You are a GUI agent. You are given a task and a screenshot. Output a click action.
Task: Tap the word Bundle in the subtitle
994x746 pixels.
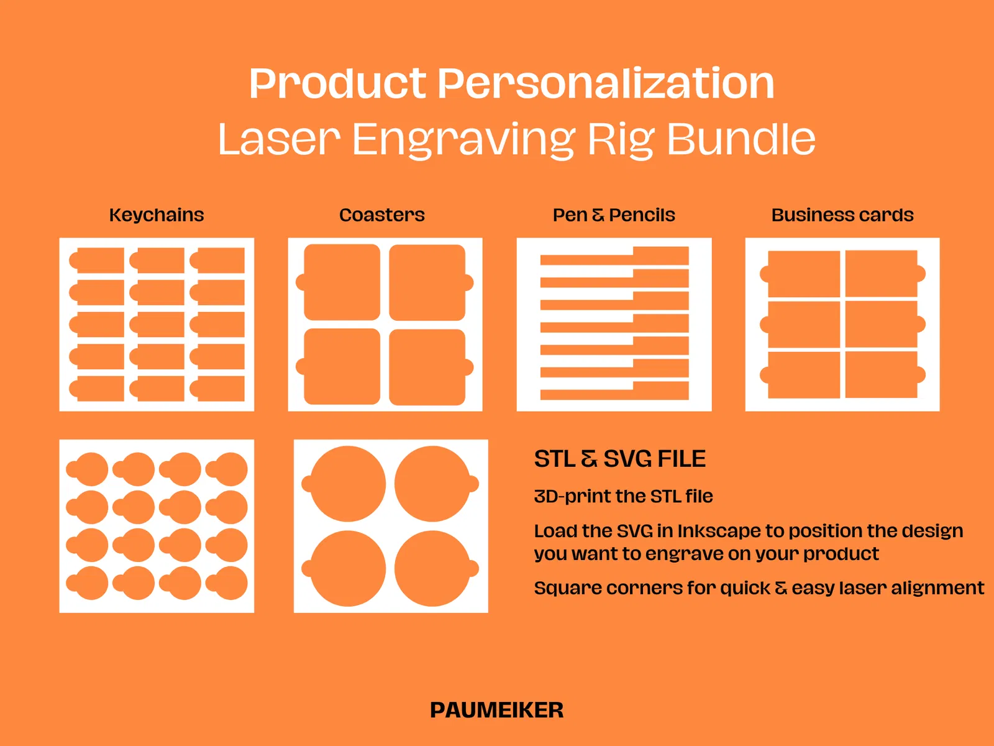tap(741, 139)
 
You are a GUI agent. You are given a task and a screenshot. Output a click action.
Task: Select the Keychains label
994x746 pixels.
tap(157, 215)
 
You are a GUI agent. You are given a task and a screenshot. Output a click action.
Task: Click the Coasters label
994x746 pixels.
tap(381, 215)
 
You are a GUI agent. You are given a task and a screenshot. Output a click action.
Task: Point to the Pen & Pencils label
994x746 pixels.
tap(614, 215)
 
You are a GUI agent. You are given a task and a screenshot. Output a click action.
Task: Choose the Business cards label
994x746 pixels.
tap(842, 215)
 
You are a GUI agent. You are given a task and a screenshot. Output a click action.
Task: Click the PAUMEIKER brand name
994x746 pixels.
tap(497, 710)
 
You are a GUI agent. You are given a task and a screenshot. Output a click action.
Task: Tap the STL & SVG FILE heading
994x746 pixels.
tap(620, 458)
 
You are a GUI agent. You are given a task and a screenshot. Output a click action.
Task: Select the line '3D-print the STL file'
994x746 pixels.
tap(624, 497)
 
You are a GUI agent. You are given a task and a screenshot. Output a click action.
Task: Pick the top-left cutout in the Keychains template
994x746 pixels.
tap(96, 260)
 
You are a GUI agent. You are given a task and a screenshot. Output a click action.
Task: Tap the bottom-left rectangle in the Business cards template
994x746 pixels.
tap(800, 375)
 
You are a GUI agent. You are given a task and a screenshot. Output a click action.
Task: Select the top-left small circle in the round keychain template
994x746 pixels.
tap(88, 469)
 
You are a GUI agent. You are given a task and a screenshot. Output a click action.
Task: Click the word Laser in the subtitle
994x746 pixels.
tap(279, 139)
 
